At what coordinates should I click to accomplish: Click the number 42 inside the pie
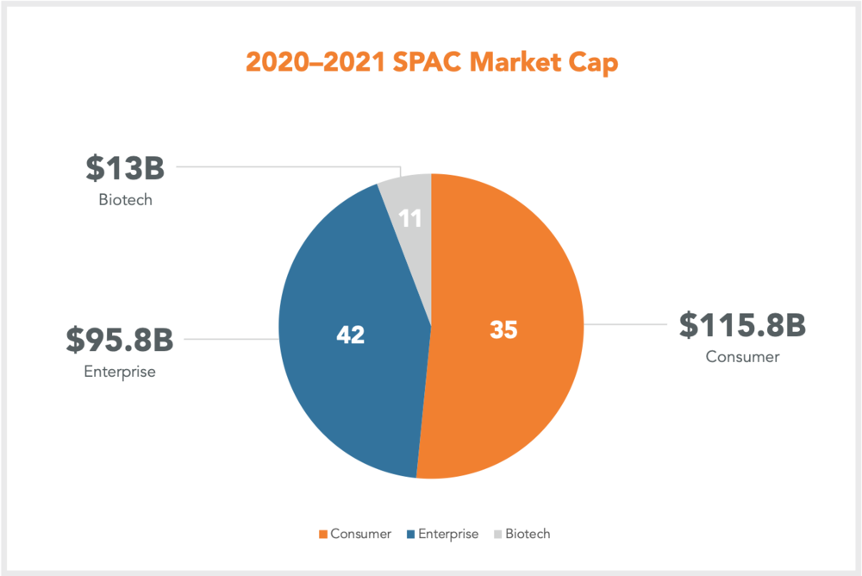coord(351,335)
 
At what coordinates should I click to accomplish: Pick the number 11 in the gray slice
coord(411,218)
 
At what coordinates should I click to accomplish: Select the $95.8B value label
coord(120,339)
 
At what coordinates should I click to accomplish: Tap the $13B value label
coord(124,168)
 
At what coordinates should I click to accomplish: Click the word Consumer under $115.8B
coord(741,356)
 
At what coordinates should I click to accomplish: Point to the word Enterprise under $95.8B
coord(120,373)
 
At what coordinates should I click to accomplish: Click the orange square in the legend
coord(322,534)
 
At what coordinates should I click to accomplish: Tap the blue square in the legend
coord(410,534)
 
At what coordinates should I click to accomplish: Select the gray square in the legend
coord(498,534)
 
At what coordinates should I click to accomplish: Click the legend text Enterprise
coord(448,534)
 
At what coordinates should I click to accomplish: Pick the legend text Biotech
coord(528,534)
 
